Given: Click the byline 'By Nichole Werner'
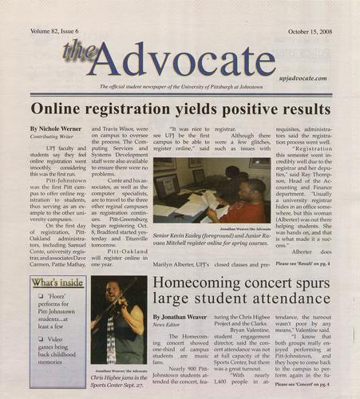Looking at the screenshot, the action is pos(55,128).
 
